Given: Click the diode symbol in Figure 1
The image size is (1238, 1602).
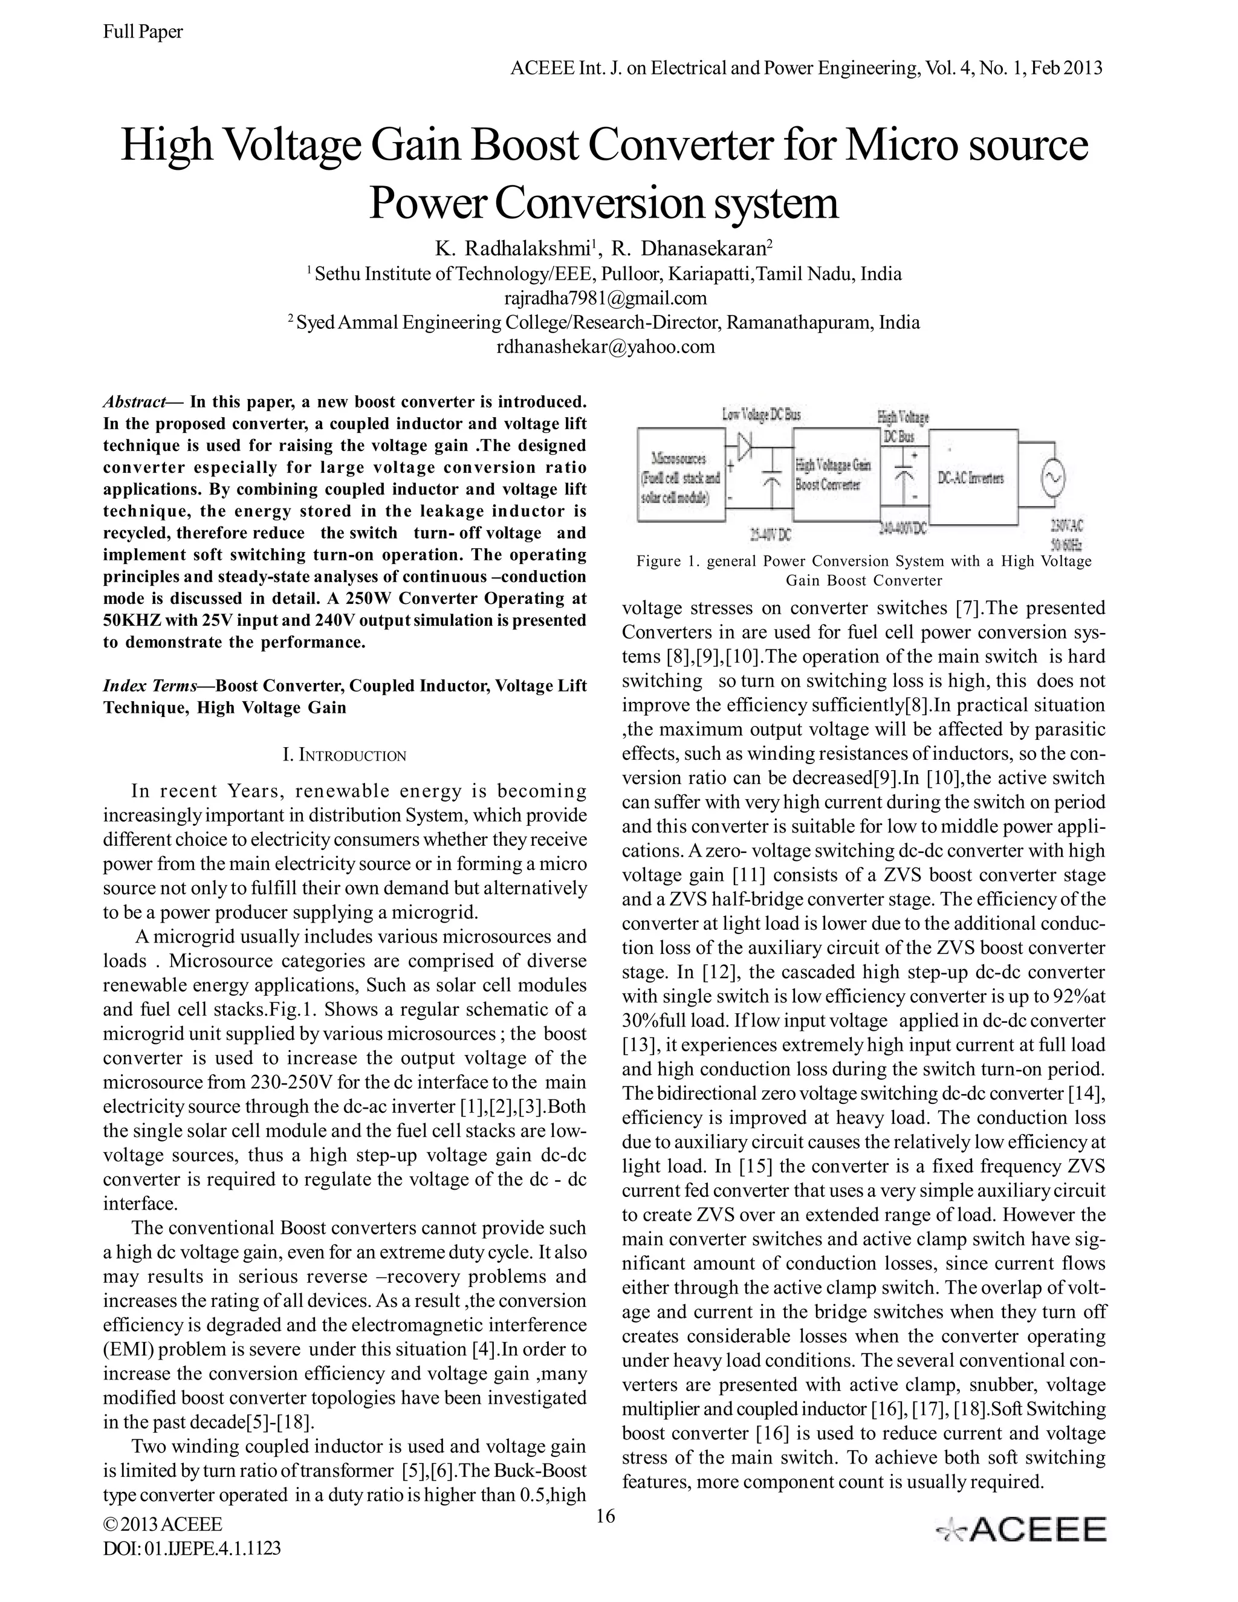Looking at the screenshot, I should [746, 447].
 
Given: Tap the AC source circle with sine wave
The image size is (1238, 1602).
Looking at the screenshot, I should [1052, 478].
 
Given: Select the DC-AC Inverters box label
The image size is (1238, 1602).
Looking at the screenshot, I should [970, 478].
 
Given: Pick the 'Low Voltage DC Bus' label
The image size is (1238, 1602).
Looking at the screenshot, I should [761, 415].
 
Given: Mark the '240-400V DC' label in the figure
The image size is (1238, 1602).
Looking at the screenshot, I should [902, 528].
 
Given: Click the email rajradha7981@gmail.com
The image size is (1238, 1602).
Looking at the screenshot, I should [605, 298].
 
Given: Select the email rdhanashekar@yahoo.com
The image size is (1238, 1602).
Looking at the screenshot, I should [605, 346].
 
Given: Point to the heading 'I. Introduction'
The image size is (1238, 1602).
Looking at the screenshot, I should [344, 755].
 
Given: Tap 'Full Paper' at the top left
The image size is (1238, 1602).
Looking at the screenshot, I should [143, 31].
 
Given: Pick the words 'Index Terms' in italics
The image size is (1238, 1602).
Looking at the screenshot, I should [151, 686].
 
